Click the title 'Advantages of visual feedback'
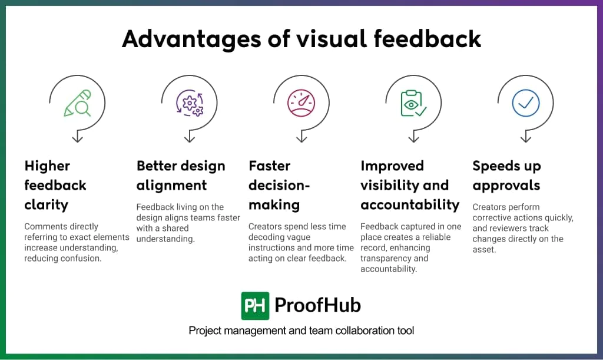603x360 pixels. [301, 39]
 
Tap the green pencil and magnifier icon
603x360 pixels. [77, 103]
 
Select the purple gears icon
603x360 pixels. [190, 103]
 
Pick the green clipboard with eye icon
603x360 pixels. [413, 103]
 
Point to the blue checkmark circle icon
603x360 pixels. [525, 103]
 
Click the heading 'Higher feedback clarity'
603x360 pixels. [55, 185]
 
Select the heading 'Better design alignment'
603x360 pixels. [181, 176]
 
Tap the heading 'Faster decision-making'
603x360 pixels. [279, 185]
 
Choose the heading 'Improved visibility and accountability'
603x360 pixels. [410, 185]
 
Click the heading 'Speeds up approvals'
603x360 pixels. [506, 176]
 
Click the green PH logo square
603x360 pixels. [255, 306]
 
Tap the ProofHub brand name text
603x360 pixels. [318, 306]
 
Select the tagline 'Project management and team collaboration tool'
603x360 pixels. [301, 331]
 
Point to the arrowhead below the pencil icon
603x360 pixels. [77, 139]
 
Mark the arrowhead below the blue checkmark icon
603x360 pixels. [525, 139]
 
